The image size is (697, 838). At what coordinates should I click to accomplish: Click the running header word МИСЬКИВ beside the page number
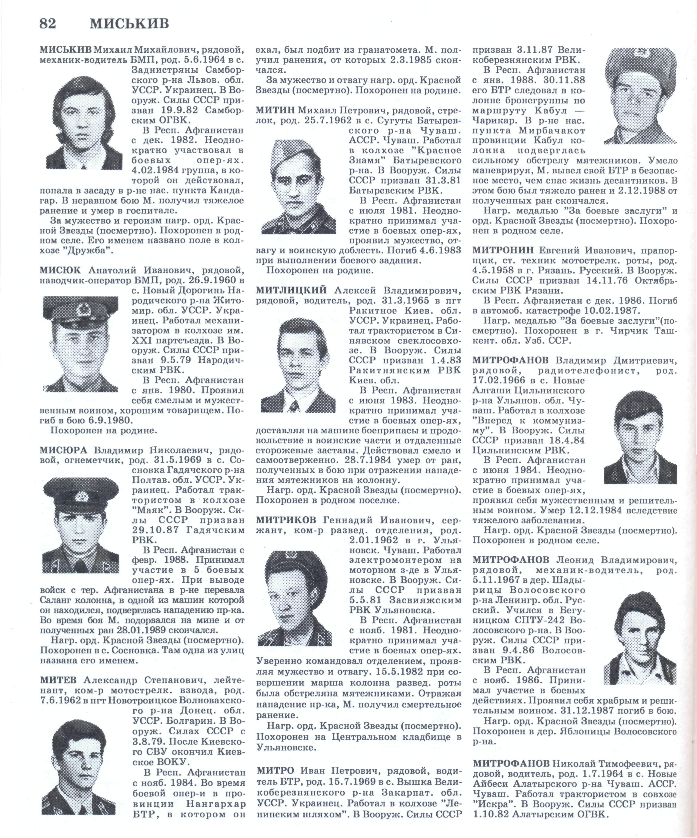129,24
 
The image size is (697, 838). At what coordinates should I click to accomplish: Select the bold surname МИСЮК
60,270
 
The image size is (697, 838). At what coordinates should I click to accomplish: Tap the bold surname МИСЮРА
63,451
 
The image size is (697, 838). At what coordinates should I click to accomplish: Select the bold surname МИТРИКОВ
286,520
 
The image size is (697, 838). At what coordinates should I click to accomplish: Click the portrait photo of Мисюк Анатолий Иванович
81,344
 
